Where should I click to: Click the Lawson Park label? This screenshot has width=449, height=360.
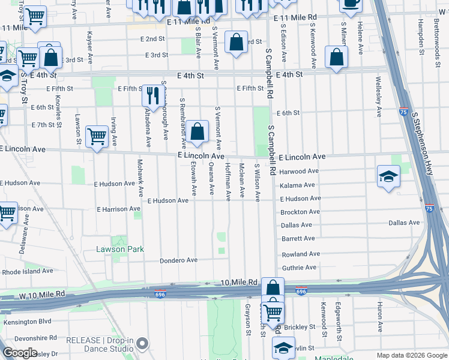point(120,249)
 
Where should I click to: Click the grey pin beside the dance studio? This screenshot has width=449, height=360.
point(142,344)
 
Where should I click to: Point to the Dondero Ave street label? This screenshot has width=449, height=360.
point(178,260)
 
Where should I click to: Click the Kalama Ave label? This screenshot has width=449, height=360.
point(298,185)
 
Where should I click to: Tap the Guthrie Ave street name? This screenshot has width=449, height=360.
point(298,268)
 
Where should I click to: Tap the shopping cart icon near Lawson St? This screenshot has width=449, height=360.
point(96,136)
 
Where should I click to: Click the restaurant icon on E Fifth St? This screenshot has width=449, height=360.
point(152,94)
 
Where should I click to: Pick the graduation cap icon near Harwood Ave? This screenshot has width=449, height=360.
point(388,176)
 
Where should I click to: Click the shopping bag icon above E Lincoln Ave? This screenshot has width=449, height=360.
point(197,131)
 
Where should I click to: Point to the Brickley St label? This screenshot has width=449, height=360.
point(300,327)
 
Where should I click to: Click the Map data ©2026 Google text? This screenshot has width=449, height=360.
point(411,355)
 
